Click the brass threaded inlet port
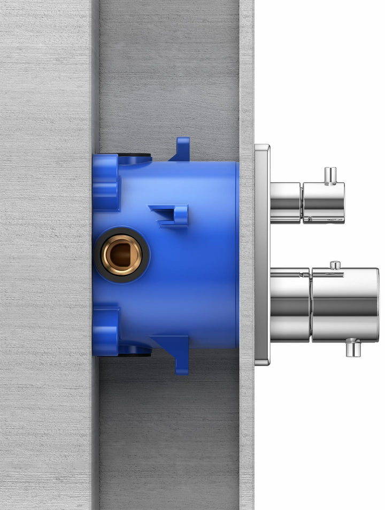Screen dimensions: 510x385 (x=122, y=255)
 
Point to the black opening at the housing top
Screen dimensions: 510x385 (x=135, y=158)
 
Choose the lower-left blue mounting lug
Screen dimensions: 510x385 (x=105, y=331)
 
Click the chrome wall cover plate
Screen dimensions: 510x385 (x=262, y=254)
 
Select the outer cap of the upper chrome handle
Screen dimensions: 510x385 (x=324, y=203)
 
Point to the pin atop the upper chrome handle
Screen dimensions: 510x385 (x=330, y=175)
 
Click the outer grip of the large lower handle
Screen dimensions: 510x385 (x=345, y=305)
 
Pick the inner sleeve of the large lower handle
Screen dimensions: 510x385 (x=289, y=305)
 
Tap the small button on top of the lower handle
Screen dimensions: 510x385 (x=335, y=265)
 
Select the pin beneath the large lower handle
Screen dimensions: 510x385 (x=352, y=348)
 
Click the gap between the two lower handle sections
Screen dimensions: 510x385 (x=311, y=305)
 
